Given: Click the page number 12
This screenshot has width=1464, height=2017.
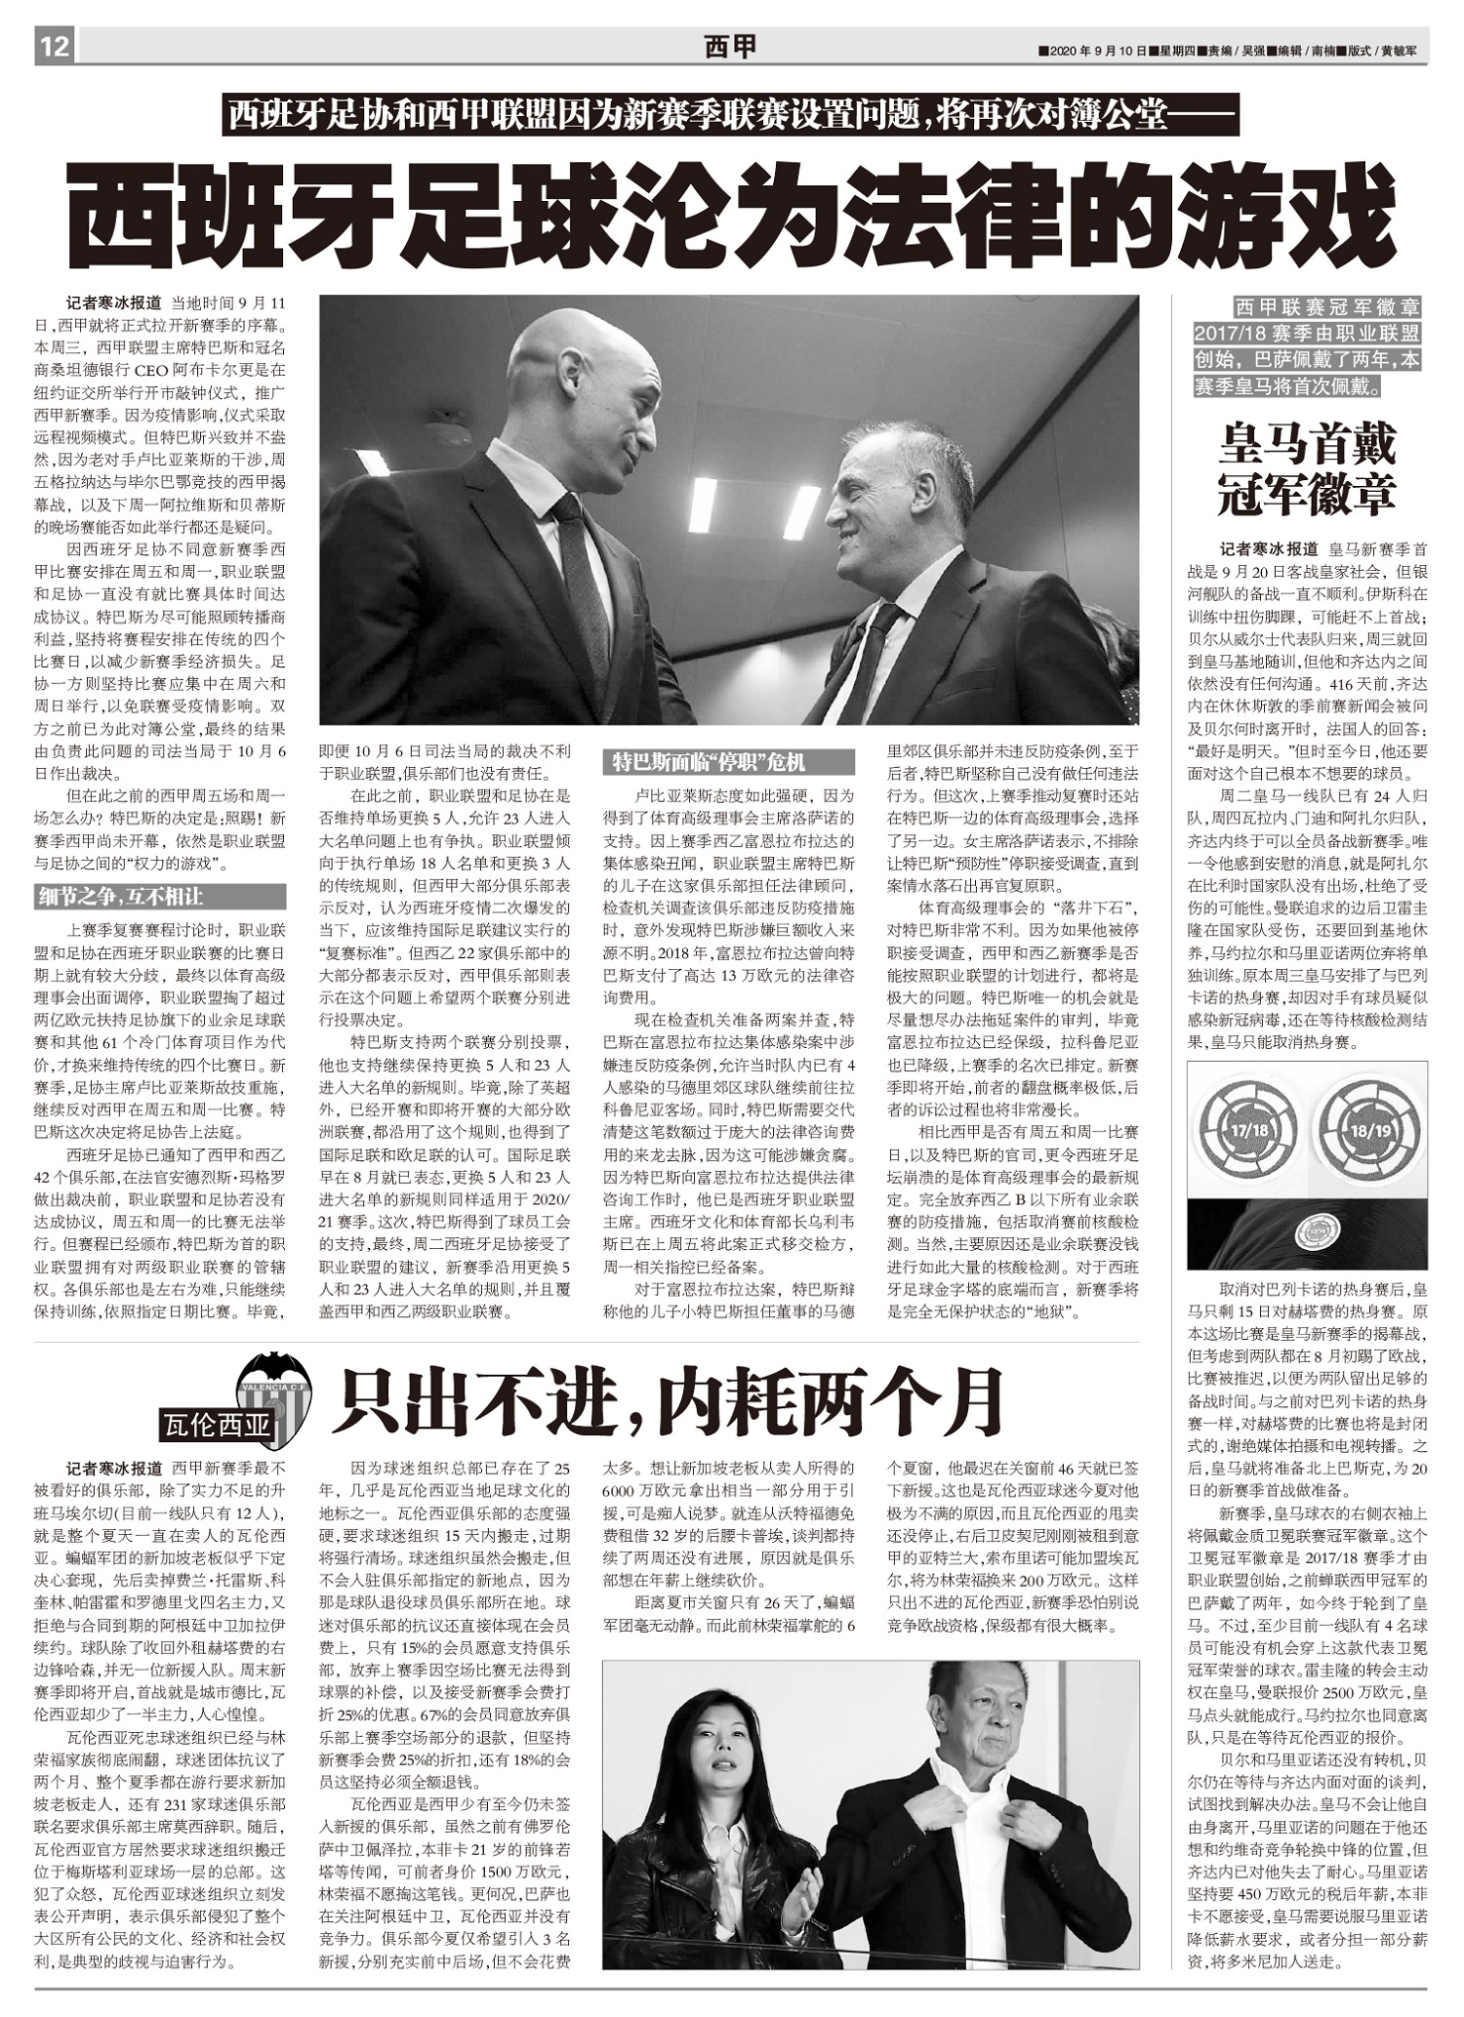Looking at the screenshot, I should pyautogui.click(x=55, y=46).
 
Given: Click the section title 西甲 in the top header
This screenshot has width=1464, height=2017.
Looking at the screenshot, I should pyautogui.click(x=730, y=47).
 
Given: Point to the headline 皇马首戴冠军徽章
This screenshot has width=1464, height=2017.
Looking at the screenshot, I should pyautogui.click(x=1307, y=468).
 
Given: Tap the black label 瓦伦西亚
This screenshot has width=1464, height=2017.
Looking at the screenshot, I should pyautogui.click(x=218, y=1426).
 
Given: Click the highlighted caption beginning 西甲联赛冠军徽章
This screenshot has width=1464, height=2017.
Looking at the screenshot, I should pyautogui.click(x=1307, y=346).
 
